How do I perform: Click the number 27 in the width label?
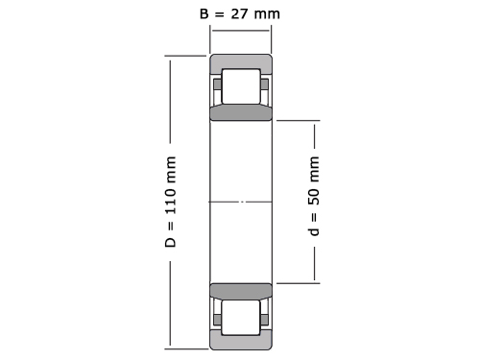coord(239,13)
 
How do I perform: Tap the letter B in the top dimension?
coord(204,13)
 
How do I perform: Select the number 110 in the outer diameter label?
coord(170,201)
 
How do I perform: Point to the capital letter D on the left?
coord(170,242)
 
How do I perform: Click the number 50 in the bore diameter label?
coord(314,196)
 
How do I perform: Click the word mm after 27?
coord(267,14)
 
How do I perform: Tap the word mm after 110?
coord(171,169)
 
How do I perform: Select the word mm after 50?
coord(315,169)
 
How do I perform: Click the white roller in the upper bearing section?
coord(241,86)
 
